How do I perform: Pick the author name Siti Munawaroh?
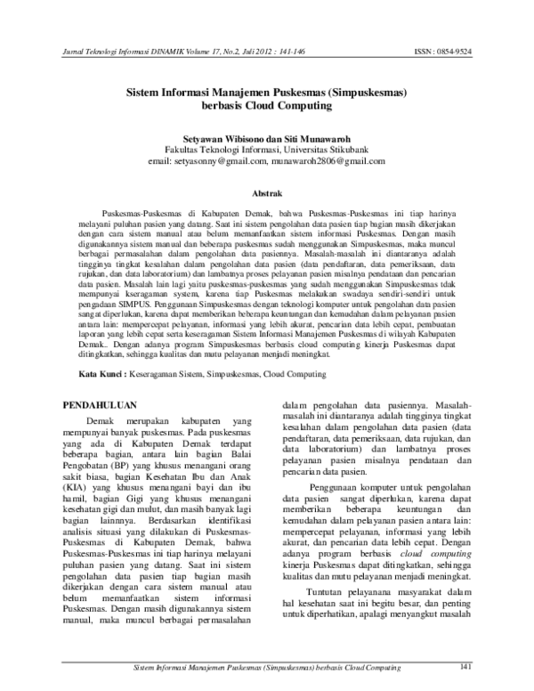[312, 140]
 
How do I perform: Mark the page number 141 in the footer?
[464, 666]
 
